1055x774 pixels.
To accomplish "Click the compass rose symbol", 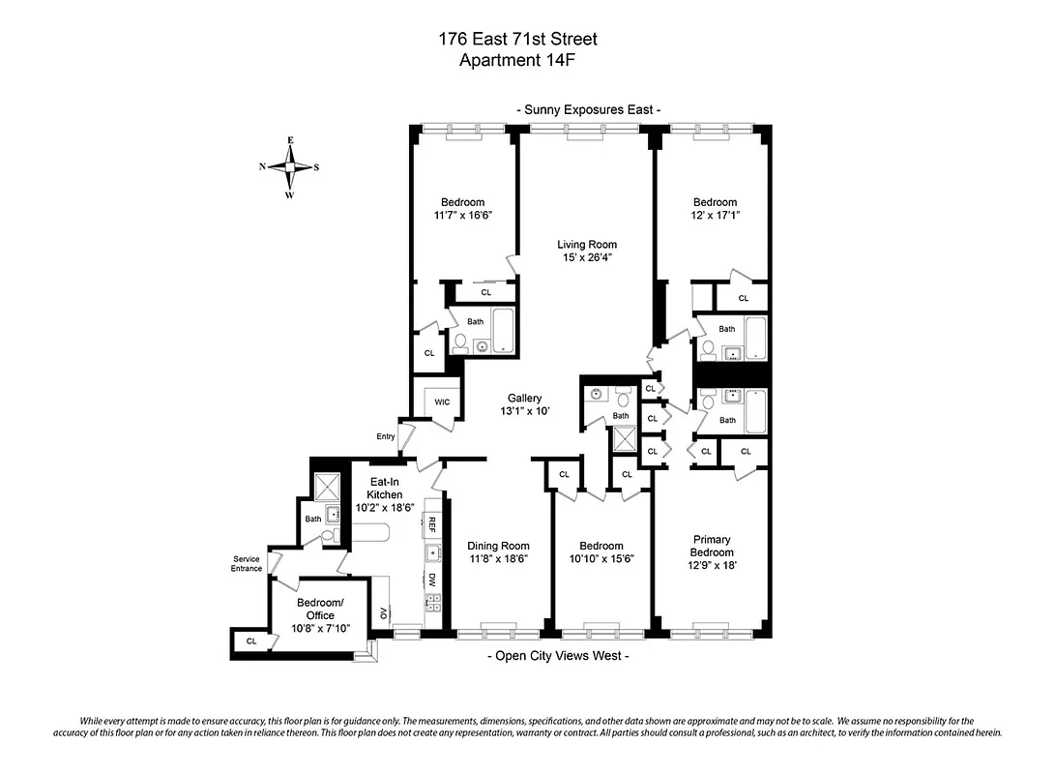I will [289, 167].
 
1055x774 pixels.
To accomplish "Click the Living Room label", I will [586, 245].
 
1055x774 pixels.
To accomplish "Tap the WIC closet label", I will [442, 402].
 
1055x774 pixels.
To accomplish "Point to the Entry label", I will [386, 436].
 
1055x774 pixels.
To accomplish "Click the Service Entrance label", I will [246, 563].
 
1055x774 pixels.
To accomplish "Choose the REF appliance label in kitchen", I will [432, 524].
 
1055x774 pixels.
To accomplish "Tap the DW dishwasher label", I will [432, 580].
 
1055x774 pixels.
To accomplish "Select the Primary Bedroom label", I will [711, 546].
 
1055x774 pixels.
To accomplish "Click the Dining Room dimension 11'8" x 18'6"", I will [499, 558].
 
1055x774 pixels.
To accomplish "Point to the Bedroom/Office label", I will [319, 610].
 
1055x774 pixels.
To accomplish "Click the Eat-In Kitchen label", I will [384, 488].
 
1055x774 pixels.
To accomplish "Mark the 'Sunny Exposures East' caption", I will [589, 110].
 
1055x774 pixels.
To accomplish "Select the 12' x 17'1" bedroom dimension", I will [715, 215].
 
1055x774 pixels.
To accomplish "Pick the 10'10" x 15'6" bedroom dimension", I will [601, 558].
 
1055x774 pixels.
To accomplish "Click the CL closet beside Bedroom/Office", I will [251, 640].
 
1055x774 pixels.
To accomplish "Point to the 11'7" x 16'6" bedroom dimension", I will [463, 215].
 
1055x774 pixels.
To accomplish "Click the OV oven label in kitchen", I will [384, 612].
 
